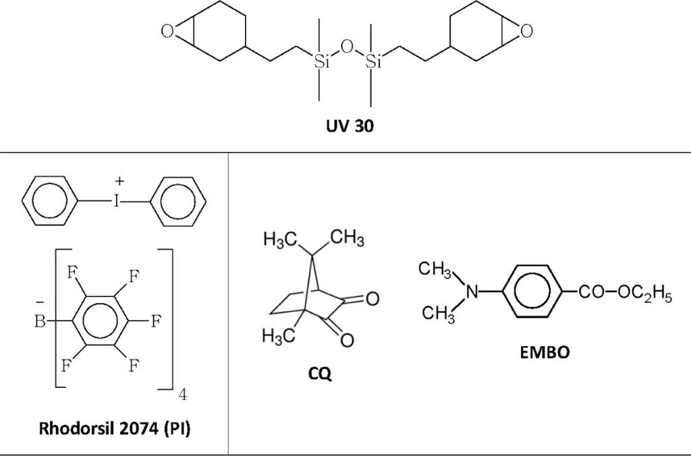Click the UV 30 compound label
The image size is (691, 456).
345,129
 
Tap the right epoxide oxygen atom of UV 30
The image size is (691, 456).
526,30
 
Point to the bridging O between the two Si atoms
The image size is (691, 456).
347,47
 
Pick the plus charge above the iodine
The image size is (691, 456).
119,181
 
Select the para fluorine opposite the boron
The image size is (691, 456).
155,322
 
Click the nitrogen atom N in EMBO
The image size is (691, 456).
472,292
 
